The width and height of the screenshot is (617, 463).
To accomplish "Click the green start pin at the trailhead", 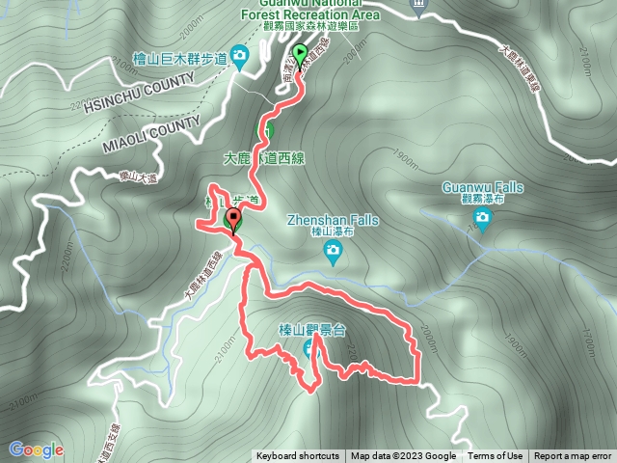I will pyautogui.click(x=300, y=54).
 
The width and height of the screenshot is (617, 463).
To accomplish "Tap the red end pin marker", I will pyautogui.click(x=232, y=221).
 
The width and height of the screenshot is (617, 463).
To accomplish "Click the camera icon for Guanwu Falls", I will pyautogui.click(x=483, y=222).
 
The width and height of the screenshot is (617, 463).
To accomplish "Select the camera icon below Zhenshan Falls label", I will pyautogui.click(x=333, y=253).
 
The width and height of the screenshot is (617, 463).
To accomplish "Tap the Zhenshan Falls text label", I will pyautogui.click(x=333, y=220).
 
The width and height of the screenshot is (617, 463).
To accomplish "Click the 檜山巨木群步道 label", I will pyautogui.click(x=179, y=60).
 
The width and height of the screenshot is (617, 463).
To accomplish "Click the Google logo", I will pyautogui.click(x=36, y=449).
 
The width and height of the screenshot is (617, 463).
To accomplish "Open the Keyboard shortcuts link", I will pyautogui.click(x=297, y=456).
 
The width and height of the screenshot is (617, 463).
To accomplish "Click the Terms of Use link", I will pyautogui.click(x=496, y=456).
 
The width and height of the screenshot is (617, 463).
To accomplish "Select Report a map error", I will pyautogui.click(x=573, y=456).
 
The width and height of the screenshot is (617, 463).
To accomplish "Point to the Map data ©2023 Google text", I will pyautogui.click(x=403, y=456).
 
